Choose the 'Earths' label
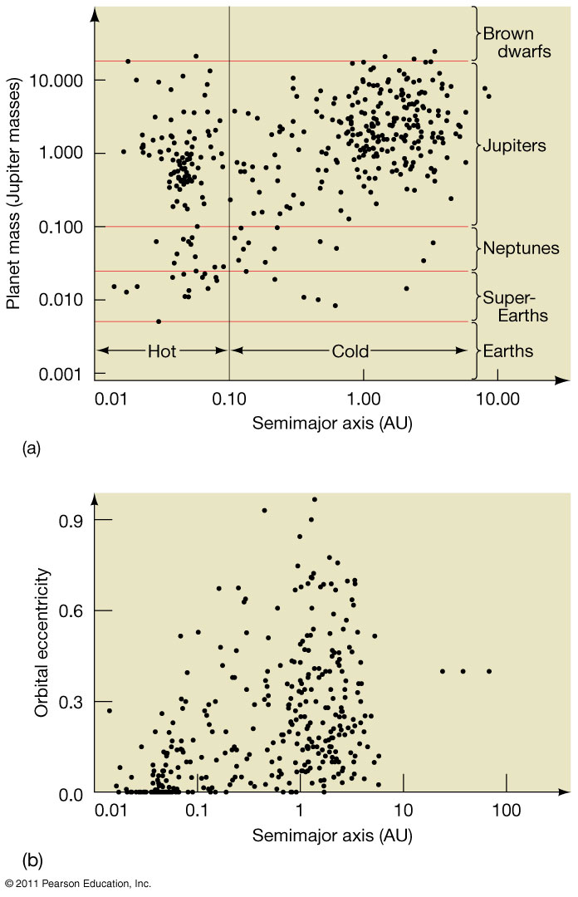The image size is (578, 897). click(x=507, y=351)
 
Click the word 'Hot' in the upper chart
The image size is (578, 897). click(x=162, y=351)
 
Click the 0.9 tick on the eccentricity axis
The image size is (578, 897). click(x=72, y=520)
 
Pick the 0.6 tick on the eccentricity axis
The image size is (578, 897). click(x=72, y=611)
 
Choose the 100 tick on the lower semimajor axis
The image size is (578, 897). click(x=506, y=810)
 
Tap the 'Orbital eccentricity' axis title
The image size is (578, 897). click(x=34, y=643)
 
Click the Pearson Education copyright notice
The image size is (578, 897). click(x=76, y=883)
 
